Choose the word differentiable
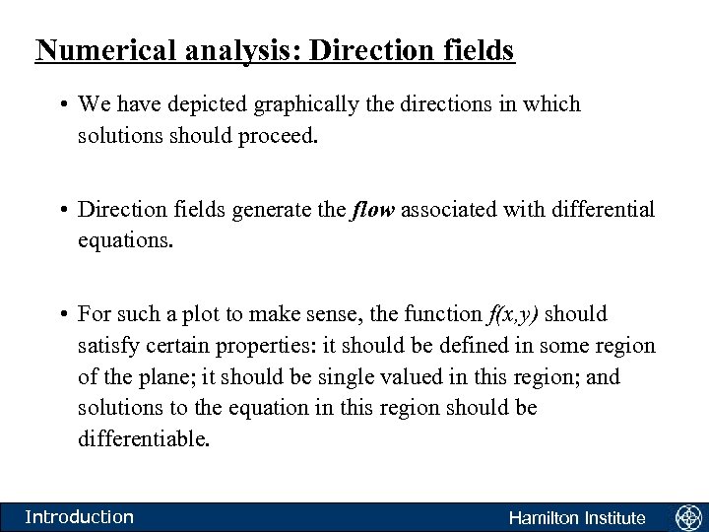pyautogui.click(x=144, y=438)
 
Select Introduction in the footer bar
pyautogui.click(x=79, y=517)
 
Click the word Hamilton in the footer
pyautogui.click(x=543, y=518)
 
